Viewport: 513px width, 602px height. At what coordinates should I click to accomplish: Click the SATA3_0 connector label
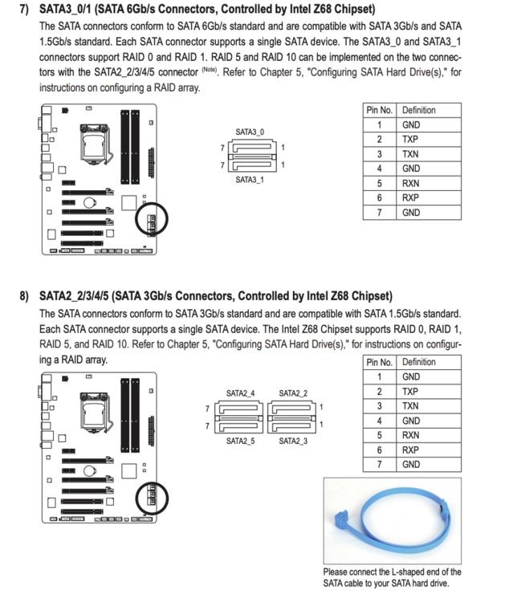[250, 132]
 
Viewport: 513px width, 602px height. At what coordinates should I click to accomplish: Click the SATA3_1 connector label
[250, 180]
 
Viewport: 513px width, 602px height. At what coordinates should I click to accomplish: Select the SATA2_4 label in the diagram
[240, 393]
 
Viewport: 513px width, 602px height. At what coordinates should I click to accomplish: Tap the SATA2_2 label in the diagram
[293, 393]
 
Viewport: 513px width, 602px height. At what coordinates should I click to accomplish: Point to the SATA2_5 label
[240, 441]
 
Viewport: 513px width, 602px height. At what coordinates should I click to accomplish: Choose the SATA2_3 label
[293, 441]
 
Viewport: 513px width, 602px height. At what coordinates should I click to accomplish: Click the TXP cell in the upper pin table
[410, 140]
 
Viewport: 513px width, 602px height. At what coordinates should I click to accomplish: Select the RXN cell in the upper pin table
[410, 184]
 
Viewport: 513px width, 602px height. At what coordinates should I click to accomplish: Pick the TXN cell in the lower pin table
[410, 406]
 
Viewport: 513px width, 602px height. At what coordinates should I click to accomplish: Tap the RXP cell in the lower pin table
[410, 450]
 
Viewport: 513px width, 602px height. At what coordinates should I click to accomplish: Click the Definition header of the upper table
[419, 110]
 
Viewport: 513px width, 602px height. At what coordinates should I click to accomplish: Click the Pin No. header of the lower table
[380, 363]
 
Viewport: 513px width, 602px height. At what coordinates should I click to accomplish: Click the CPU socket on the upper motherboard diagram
[95, 144]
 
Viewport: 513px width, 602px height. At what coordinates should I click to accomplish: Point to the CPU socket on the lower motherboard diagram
[95, 412]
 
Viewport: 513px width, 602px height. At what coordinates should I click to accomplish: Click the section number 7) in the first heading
[24, 9]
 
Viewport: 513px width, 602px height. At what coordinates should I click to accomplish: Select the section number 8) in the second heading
[24, 296]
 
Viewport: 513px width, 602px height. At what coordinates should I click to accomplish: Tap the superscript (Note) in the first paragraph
[210, 70]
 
